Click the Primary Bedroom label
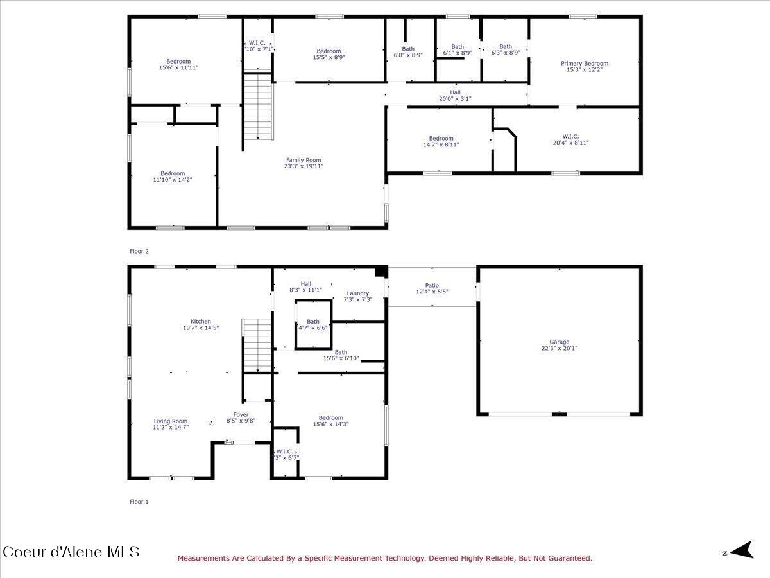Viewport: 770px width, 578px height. [x=584, y=63]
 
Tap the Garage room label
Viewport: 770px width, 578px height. [x=559, y=342]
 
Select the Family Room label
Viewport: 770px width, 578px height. [x=304, y=160]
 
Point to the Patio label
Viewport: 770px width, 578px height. [x=432, y=285]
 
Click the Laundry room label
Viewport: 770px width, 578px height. [x=357, y=293]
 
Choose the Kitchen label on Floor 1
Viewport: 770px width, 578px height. [x=200, y=321]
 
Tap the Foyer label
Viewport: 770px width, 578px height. [x=241, y=414]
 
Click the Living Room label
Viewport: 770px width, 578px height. [x=170, y=421]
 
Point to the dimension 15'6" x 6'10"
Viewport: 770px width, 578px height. [x=341, y=359]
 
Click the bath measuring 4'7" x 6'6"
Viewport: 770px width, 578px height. [x=312, y=324]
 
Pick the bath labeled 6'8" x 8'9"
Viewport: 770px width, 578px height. [x=408, y=51]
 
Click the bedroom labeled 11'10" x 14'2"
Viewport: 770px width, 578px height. [x=173, y=177]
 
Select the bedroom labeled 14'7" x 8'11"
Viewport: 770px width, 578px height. [x=441, y=141]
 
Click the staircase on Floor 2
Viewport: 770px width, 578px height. [x=258, y=106]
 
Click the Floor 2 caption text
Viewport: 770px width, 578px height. [x=139, y=252]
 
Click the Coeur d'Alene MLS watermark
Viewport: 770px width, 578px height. [x=71, y=552]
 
